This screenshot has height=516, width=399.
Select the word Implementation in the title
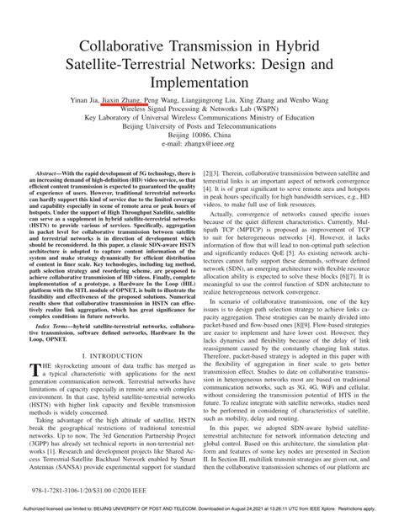tap(199, 84)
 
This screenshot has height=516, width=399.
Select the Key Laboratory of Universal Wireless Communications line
tap(199, 119)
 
